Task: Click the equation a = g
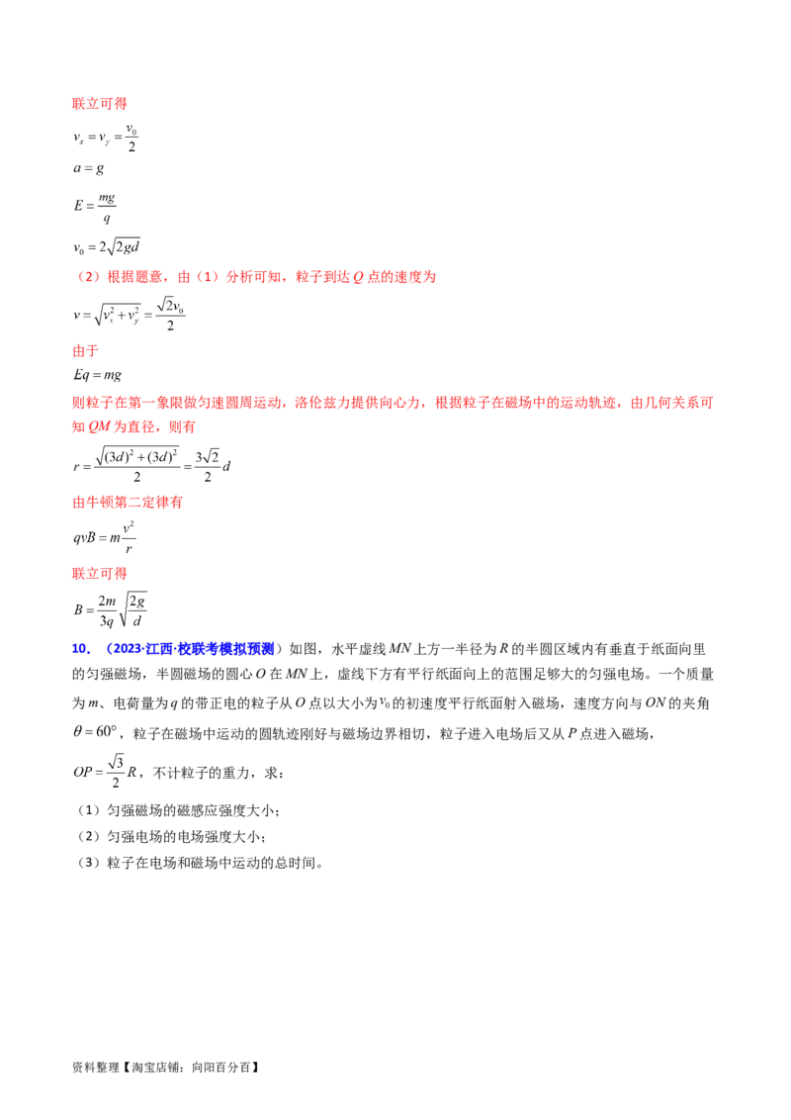coord(89,168)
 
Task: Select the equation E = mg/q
coord(95,206)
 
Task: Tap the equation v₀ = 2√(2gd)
coord(107,247)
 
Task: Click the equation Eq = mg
coord(97,375)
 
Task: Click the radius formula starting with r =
coord(152,466)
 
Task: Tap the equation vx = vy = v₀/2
coord(106,138)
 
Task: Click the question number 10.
coord(81,649)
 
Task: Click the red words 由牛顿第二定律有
coord(128,503)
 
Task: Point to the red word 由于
coord(86,350)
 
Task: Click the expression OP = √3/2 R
coord(105,772)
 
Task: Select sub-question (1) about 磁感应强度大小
coord(179,810)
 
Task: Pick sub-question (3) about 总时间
coord(200,863)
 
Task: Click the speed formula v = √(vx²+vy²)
coord(130,315)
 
